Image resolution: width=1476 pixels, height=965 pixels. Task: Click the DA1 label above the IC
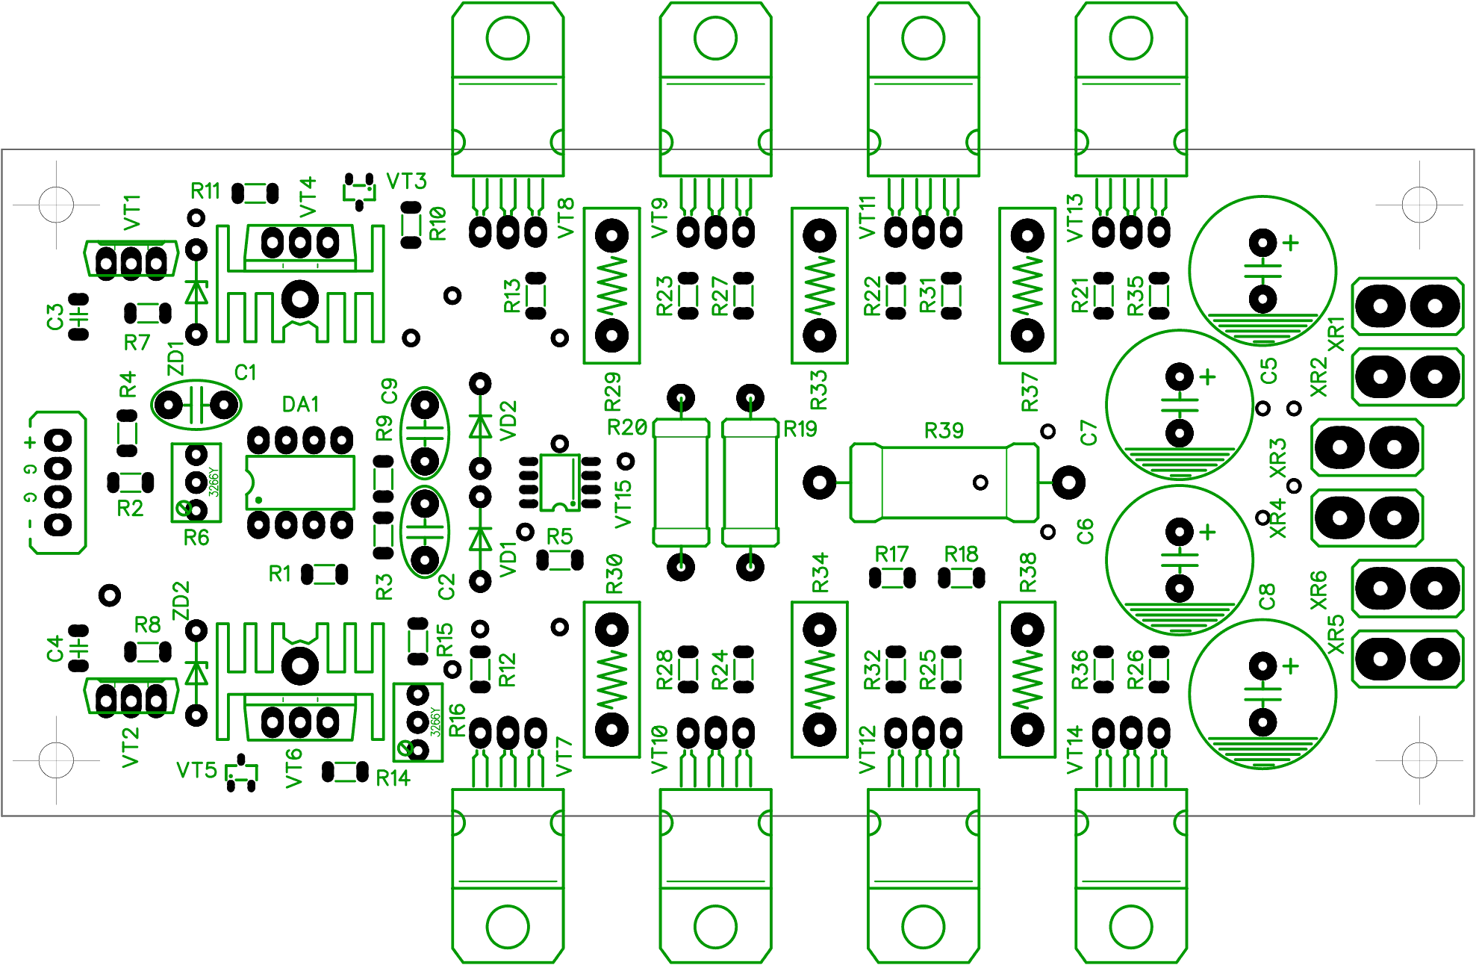tap(300, 404)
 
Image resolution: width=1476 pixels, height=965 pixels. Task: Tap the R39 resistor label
tap(944, 431)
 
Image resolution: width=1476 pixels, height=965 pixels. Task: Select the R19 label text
tap(800, 429)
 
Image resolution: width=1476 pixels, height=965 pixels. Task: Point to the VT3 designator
tap(406, 181)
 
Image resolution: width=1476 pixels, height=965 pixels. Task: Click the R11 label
tap(205, 191)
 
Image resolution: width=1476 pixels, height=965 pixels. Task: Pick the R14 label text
tap(393, 778)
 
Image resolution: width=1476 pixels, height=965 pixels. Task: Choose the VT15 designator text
tap(623, 505)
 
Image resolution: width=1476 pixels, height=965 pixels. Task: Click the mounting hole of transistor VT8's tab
tap(508, 37)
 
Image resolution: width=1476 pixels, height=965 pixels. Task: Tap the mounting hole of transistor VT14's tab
tap(1131, 926)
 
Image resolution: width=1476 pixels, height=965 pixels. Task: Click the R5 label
tap(559, 536)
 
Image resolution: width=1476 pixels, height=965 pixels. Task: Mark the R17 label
tap(891, 554)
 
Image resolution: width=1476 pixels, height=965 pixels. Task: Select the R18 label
tap(961, 554)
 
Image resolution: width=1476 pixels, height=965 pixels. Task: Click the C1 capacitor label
tap(245, 372)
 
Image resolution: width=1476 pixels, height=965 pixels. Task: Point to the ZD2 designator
tap(181, 601)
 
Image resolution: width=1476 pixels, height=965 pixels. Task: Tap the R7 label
tap(137, 342)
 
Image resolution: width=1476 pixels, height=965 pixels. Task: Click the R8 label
tap(147, 624)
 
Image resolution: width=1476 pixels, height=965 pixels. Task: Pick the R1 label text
tap(279, 574)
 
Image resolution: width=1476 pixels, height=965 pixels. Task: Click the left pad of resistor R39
tap(819, 482)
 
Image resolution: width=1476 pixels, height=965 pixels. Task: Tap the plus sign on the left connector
tap(30, 442)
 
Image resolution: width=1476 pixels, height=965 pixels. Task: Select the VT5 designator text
tap(196, 770)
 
